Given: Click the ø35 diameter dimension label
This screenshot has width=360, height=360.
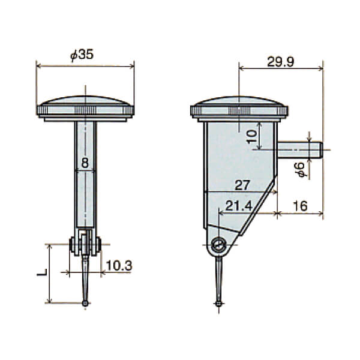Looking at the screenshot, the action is coord(82,55).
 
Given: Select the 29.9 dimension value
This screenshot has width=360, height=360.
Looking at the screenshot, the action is coord(280,62).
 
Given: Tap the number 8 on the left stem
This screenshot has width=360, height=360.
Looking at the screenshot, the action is coord(85,163).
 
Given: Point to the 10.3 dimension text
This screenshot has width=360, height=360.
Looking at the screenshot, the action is coord(119,266).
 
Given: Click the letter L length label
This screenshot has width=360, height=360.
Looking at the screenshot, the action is coord(42,272).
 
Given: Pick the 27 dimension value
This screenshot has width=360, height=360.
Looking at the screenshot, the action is coord(242,185).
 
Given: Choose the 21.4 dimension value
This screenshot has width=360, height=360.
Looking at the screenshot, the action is coord(239,206).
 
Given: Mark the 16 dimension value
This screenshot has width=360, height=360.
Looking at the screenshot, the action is coord(301,206).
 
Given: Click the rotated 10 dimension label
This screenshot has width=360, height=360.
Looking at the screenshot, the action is coord(252,137).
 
